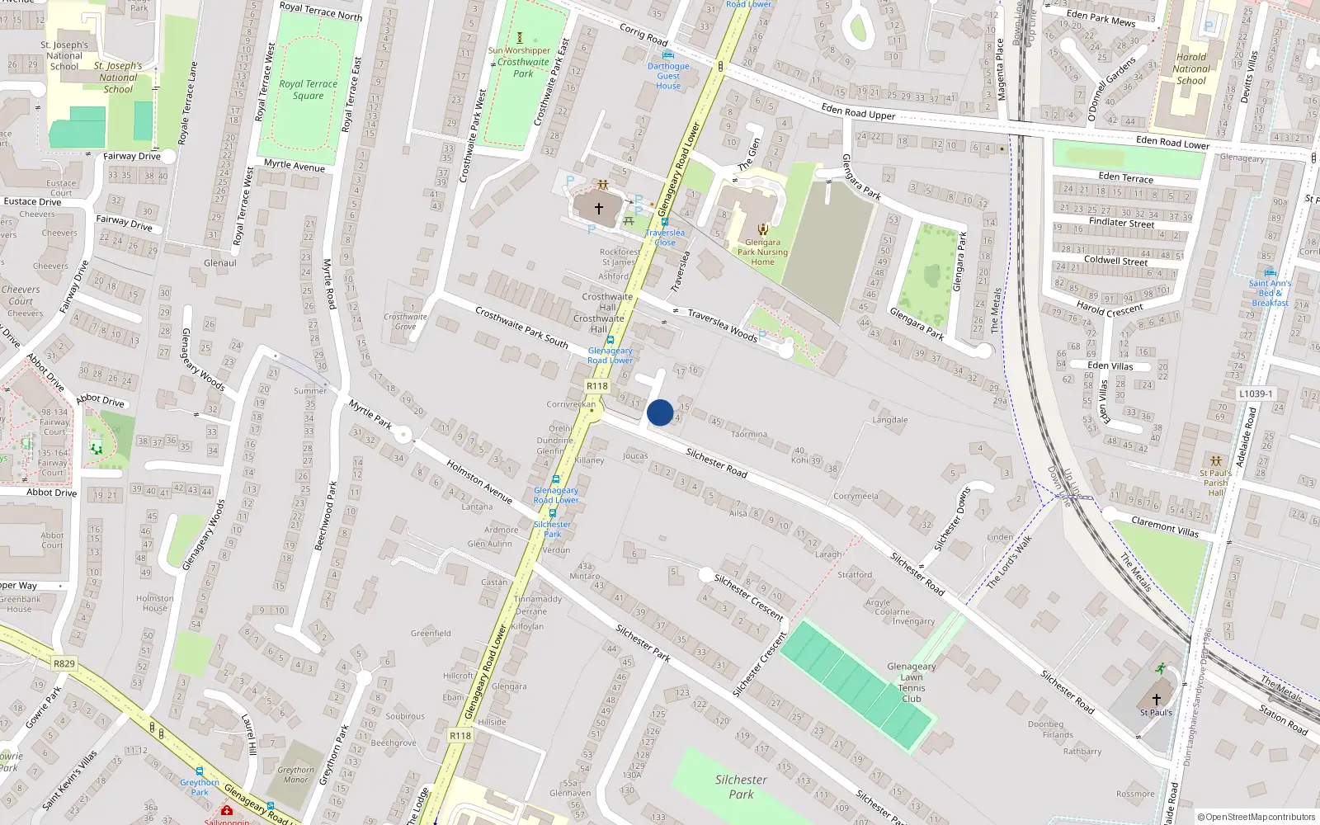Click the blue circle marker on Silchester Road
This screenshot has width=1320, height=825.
tap(660, 412)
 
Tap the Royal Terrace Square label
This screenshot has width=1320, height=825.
tap(308, 89)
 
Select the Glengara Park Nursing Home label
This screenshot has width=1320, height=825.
tap(762, 252)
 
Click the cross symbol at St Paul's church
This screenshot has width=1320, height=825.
tap(1156, 699)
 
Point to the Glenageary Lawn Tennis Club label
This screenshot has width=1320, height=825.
tap(911, 682)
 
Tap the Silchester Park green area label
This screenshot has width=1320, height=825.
tap(741, 786)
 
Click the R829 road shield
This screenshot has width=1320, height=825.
tap(64, 663)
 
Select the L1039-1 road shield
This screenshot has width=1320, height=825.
tap(1256, 394)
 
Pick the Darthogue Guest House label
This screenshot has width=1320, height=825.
tap(668, 76)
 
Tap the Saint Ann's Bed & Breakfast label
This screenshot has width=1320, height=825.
tap(1270, 293)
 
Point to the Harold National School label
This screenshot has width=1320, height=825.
tap(1190, 69)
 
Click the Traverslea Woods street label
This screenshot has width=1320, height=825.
tap(722, 325)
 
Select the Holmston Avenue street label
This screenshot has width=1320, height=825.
tap(479, 482)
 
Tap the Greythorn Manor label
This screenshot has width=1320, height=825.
tap(295, 774)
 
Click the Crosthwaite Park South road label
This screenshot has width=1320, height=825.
tap(521, 327)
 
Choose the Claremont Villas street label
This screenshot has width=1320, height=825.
tap(1165, 526)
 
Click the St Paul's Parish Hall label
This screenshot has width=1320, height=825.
tap(1215, 483)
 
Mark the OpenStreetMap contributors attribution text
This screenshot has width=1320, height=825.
tap(1256, 817)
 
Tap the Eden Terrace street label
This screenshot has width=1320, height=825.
tap(1125, 177)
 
